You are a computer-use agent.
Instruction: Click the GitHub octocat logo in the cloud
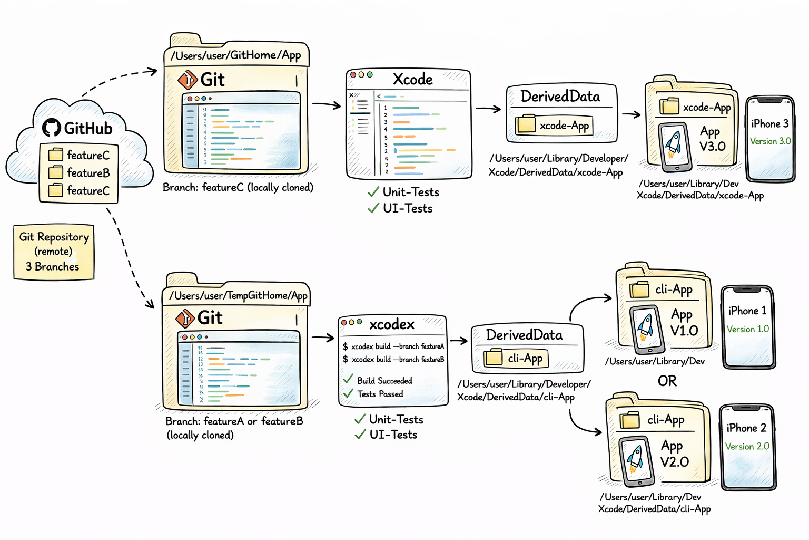52,128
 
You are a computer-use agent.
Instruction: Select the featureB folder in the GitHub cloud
80,173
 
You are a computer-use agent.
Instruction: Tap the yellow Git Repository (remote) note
54,252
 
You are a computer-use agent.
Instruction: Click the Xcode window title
412,80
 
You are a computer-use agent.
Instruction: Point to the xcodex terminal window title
391,324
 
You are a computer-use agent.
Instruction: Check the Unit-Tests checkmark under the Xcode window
373,192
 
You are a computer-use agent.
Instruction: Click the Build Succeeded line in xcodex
384,381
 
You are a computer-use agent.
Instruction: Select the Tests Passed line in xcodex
380,394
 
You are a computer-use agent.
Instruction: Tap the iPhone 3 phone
770,139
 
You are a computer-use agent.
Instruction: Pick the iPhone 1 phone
748,327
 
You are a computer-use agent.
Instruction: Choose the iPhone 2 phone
747,447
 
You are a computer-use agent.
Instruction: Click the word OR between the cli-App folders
667,381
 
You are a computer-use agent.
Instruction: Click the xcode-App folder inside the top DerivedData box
554,126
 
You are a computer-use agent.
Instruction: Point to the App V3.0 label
712,139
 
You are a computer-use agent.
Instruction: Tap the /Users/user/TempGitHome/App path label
238,296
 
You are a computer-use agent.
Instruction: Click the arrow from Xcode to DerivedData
488,109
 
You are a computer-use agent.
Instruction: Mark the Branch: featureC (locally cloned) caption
238,188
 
